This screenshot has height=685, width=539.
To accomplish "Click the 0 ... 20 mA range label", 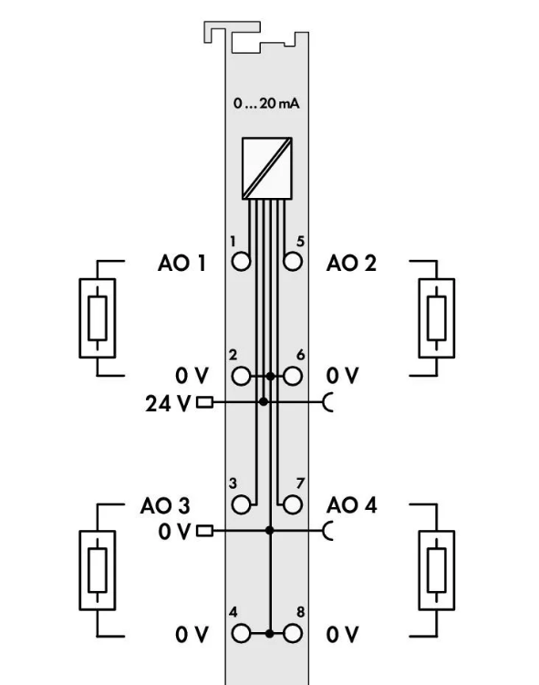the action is [x=266, y=104].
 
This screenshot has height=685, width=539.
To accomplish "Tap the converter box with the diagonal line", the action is [x=267, y=169].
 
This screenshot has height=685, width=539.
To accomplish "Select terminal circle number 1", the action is [x=241, y=262].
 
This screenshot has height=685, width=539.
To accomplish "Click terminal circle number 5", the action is [x=293, y=262].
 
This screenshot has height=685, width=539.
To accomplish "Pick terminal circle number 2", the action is [x=241, y=376].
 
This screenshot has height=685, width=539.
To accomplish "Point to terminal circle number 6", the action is [x=293, y=376].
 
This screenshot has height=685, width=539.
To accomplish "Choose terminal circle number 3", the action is [x=241, y=504].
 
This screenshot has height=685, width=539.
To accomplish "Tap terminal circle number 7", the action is [x=293, y=504].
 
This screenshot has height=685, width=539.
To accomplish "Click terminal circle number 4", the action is [x=241, y=633].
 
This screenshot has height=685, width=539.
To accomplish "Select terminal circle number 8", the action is [x=293, y=633].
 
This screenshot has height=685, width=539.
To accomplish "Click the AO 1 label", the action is [x=181, y=264].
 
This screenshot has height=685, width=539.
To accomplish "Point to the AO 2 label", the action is [x=351, y=264].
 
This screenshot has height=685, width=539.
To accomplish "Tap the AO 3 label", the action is [x=165, y=506].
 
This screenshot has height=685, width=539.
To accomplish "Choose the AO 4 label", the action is [x=352, y=505].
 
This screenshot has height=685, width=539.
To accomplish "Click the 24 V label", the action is [x=168, y=404].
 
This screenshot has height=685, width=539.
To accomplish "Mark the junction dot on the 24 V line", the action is [x=263, y=401].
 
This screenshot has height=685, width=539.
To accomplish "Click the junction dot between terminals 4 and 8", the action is [x=270, y=633].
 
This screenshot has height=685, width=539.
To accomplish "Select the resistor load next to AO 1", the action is [x=98, y=318].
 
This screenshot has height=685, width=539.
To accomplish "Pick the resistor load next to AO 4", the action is [x=437, y=570].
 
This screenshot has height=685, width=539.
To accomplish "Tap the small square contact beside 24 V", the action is [x=204, y=402].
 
